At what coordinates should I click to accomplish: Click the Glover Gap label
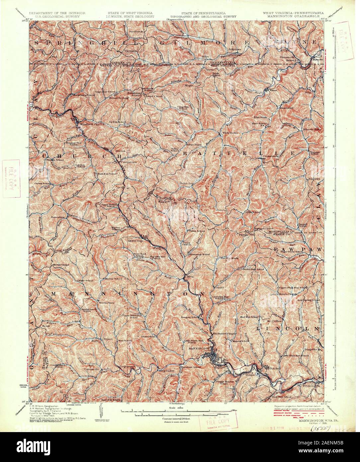135,241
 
